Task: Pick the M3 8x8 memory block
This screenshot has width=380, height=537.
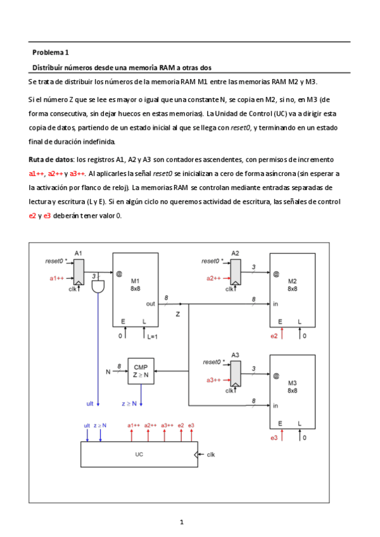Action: coord(292,393)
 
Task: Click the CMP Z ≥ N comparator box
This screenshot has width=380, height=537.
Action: coord(140,370)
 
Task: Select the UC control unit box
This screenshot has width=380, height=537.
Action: coord(139,454)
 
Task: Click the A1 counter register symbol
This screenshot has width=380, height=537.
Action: coord(79,274)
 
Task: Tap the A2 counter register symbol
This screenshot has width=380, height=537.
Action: coord(235,274)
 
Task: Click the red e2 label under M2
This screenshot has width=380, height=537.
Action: coord(274,336)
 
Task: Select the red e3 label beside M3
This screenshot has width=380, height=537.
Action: coord(274,438)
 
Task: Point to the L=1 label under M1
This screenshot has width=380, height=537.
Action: coord(153,336)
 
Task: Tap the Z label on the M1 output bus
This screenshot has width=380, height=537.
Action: coord(178,313)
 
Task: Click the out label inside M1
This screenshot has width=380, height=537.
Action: coord(151,304)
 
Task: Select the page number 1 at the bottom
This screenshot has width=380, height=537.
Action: coord(182,522)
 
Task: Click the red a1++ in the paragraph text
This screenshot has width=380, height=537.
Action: coord(37,173)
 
